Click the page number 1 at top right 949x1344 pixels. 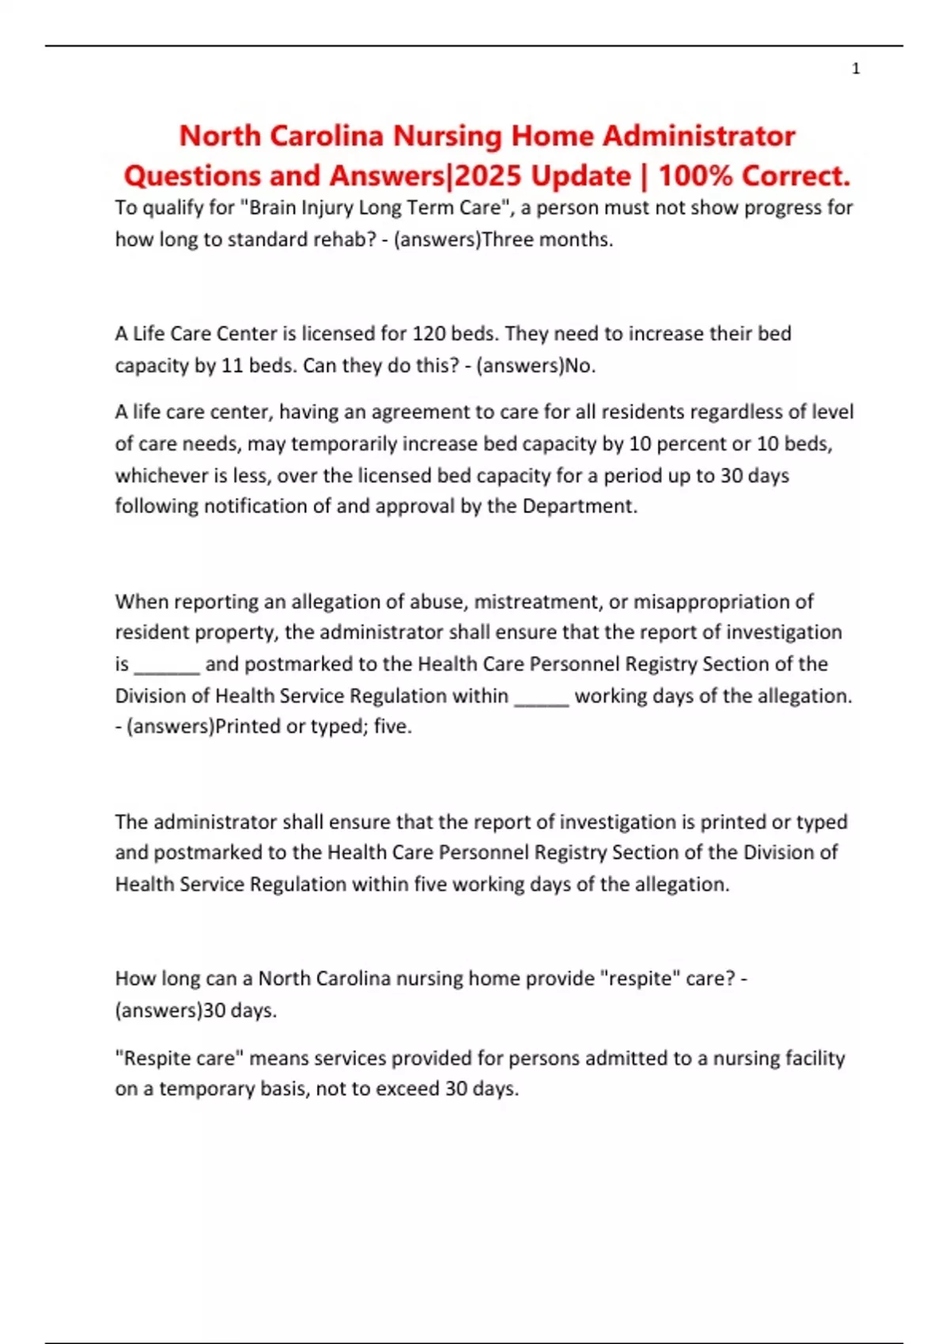point(856,70)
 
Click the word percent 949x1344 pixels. point(690,444)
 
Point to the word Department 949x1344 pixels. point(579,506)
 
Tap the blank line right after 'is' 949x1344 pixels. point(167,666)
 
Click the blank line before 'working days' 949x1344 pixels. point(542,697)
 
